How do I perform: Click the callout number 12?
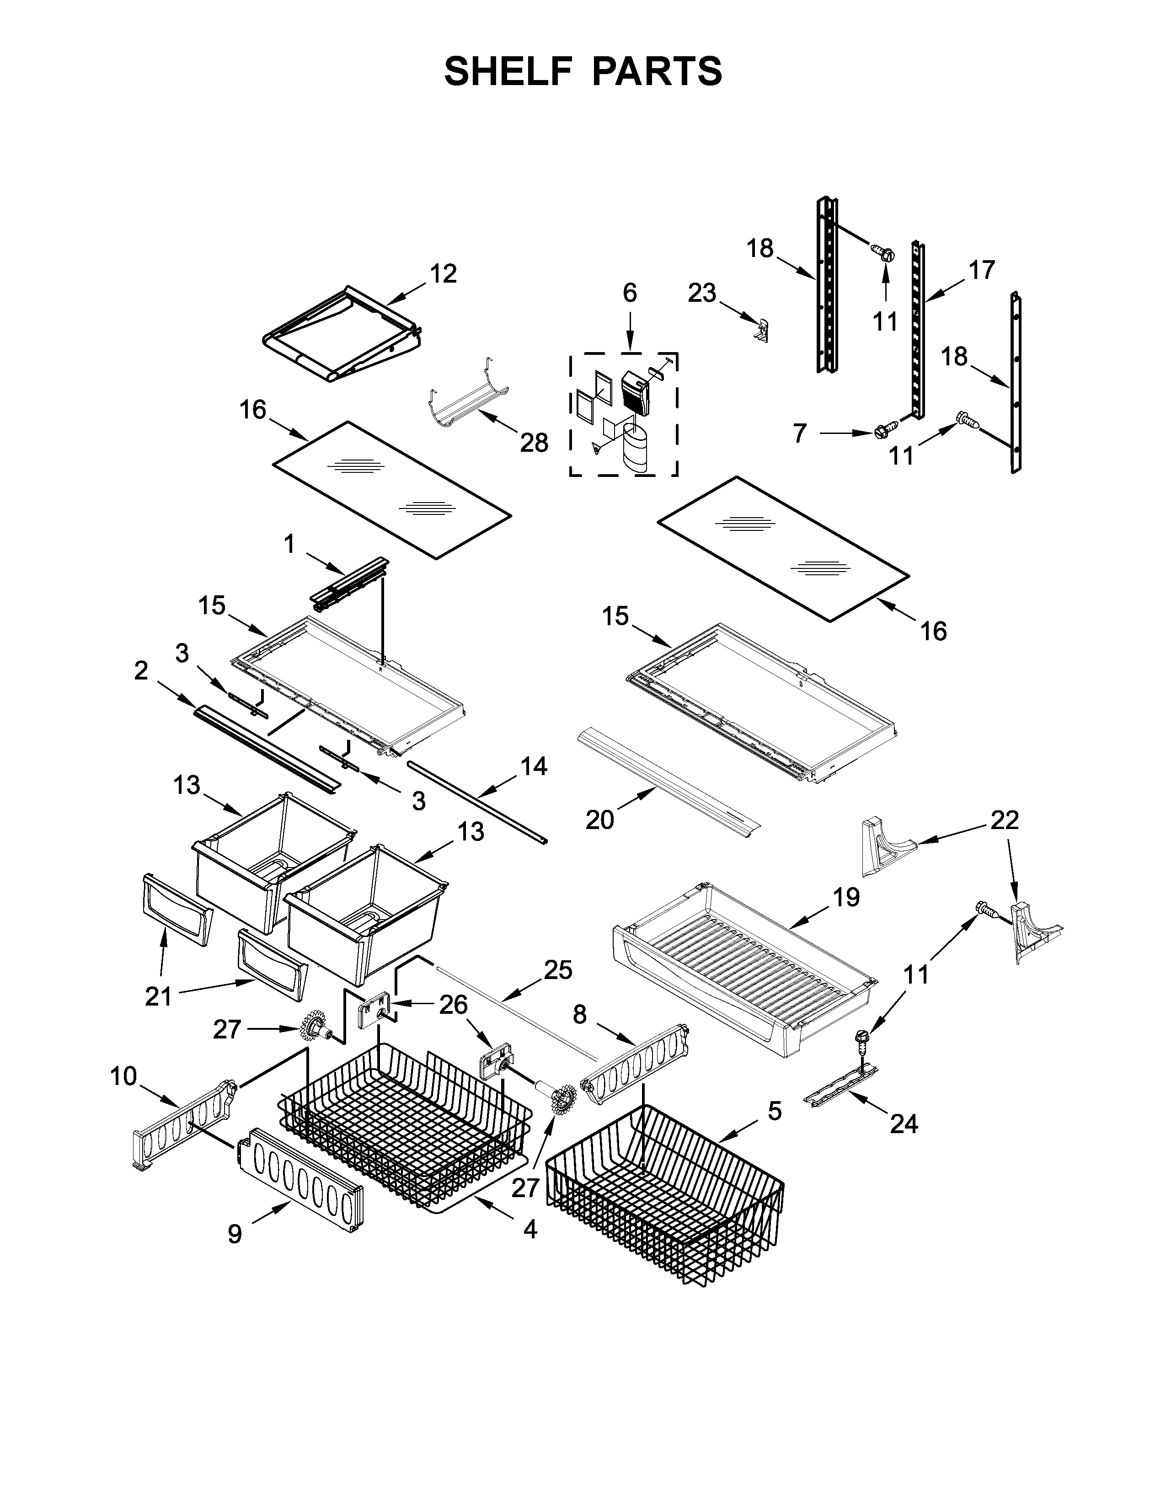coord(444,274)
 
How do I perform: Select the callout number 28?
coord(534,443)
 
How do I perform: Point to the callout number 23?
coord(702,293)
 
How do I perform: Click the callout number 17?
coord(981,269)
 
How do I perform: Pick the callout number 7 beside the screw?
coord(799,433)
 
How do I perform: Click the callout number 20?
coord(599,820)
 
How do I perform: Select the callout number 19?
coord(846,898)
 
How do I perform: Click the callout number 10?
coord(123,1076)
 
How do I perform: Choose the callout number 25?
coord(558,970)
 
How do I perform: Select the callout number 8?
coord(579,1014)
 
